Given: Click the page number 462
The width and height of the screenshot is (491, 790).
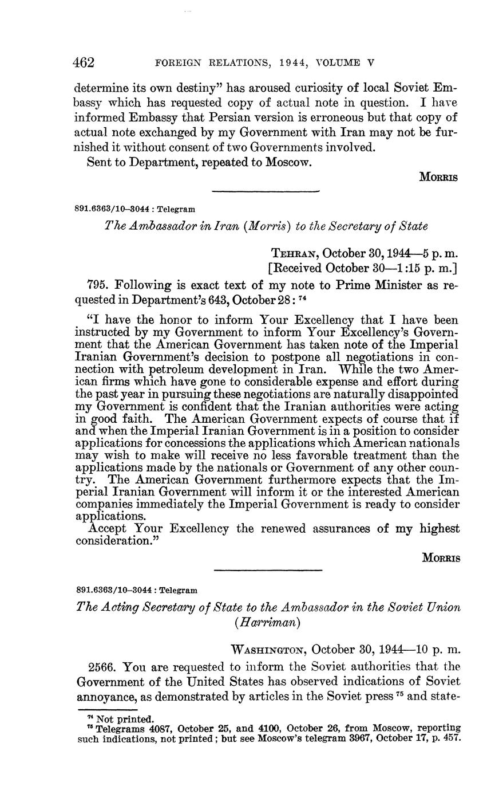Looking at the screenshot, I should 84,62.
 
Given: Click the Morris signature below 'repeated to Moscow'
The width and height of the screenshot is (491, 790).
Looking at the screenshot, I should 439,177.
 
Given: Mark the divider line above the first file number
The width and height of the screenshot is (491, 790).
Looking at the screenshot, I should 265,191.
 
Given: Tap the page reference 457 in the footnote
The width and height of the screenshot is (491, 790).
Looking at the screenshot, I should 451,738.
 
